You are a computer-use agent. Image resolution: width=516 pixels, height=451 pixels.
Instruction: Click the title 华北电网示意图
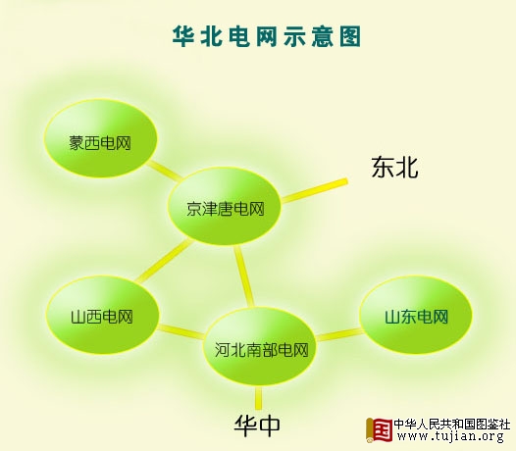(x=267, y=36)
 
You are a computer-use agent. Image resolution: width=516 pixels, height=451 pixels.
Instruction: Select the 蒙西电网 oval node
(x=101, y=138)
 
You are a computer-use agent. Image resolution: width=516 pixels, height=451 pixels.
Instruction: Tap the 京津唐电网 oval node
(x=225, y=206)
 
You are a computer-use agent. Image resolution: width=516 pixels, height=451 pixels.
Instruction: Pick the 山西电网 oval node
(x=102, y=315)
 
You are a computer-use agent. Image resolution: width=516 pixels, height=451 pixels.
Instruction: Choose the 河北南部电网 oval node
(x=260, y=346)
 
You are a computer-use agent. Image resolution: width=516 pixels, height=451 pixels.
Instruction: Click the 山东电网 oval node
(x=416, y=315)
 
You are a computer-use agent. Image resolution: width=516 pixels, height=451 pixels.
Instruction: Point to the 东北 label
(x=395, y=168)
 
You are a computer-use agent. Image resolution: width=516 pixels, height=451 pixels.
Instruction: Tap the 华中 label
(x=257, y=426)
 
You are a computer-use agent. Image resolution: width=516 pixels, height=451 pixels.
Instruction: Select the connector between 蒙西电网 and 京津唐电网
(x=163, y=171)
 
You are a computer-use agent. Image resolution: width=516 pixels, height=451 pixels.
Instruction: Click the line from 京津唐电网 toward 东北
(x=314, y=190)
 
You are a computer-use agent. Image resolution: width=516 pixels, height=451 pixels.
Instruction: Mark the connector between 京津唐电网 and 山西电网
(x=164, y=261)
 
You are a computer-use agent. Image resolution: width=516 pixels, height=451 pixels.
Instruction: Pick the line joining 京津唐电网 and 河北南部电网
(x=244, y=277)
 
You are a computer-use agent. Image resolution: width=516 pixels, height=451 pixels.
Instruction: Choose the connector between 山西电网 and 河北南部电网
(x=181, y=331)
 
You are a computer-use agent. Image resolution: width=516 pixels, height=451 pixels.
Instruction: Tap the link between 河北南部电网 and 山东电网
(x=339, y=334)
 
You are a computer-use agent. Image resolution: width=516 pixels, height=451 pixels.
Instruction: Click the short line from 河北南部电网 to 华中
(x=259, y=397)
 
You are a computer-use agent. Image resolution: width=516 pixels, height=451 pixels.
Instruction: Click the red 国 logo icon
(x=379, y=430)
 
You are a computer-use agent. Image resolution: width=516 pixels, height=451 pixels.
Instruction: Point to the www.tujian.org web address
(x=450, y=436)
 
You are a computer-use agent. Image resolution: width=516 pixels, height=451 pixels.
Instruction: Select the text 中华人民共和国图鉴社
(x=452, y=424)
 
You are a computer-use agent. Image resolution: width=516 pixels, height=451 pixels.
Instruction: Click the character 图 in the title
(x=350, y=36)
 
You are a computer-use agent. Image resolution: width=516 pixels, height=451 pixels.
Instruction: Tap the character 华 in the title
(x=183, y=36)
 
